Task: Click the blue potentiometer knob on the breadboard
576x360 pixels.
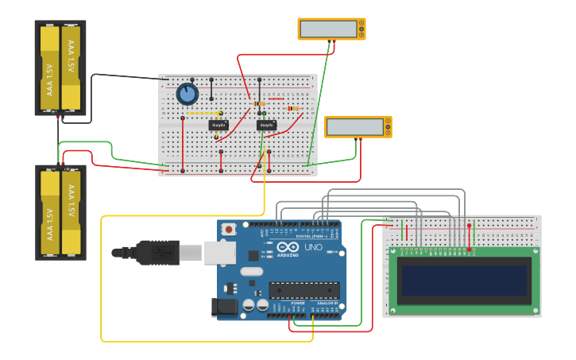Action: [x=187, y=95]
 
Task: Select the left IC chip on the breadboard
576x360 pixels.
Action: [x=218, y=125]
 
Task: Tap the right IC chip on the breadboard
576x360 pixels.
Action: [x=266, y=125]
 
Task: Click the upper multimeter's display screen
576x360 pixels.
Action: [x=329, y=29]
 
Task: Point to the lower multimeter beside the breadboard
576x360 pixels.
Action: [x=358, y=127]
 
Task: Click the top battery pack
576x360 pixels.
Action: [x=60, y=68]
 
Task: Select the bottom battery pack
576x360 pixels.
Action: [x=60, y=212]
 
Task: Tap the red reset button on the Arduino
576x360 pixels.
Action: [x=229, y=230]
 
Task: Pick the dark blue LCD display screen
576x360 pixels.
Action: [x=465, y=280]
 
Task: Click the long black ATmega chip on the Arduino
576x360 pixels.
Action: [x=304, y=290]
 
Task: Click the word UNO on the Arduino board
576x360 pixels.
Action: [x=313, y=247]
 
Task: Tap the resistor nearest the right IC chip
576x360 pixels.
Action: [x=258, y=103]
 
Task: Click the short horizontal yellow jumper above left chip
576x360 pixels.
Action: [x=199, y=114]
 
